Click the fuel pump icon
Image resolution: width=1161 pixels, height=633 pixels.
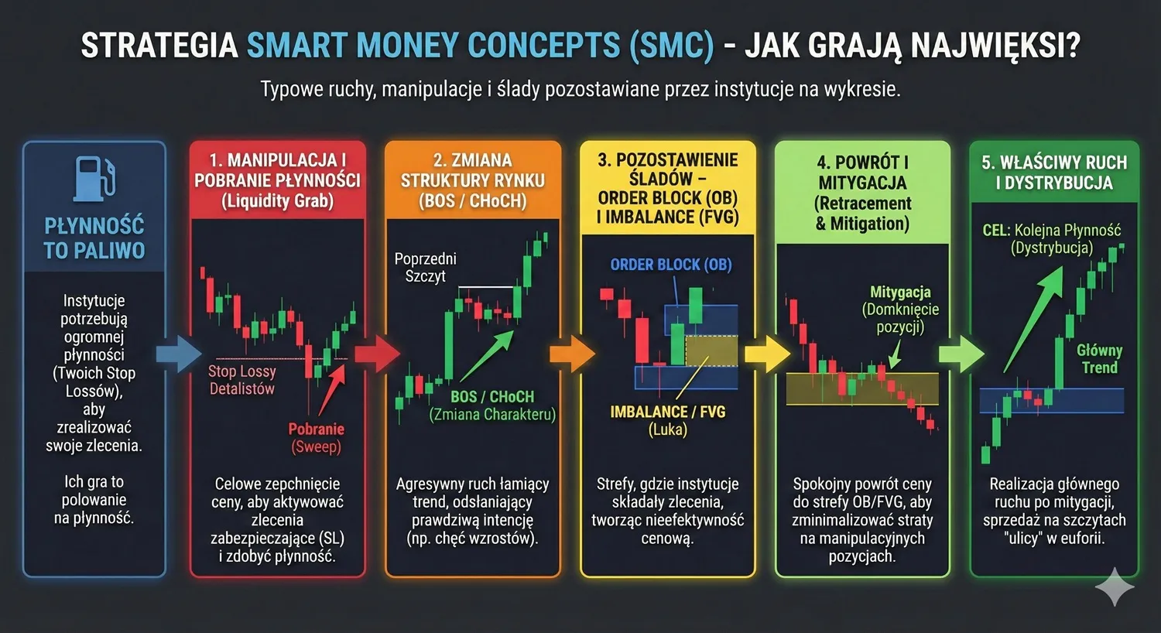94,177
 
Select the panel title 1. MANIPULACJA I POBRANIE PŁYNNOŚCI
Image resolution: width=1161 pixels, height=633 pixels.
277,180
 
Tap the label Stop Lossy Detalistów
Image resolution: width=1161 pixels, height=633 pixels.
241,380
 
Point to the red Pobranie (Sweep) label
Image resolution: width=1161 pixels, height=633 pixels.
316,437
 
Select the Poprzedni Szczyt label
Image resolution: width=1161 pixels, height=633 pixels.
425,267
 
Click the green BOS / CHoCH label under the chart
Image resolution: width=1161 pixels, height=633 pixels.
492,397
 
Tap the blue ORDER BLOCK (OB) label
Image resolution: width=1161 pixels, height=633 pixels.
670,265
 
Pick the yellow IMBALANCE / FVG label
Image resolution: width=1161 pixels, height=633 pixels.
667,412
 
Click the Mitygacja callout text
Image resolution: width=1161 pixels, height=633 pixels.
900,309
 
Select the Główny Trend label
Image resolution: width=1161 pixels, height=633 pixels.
1099,359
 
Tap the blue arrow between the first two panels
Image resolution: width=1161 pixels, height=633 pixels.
178,354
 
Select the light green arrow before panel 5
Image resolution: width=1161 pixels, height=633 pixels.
961,354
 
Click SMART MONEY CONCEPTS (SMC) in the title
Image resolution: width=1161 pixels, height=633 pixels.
480,46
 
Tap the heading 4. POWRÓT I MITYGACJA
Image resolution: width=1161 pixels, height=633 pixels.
862,193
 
